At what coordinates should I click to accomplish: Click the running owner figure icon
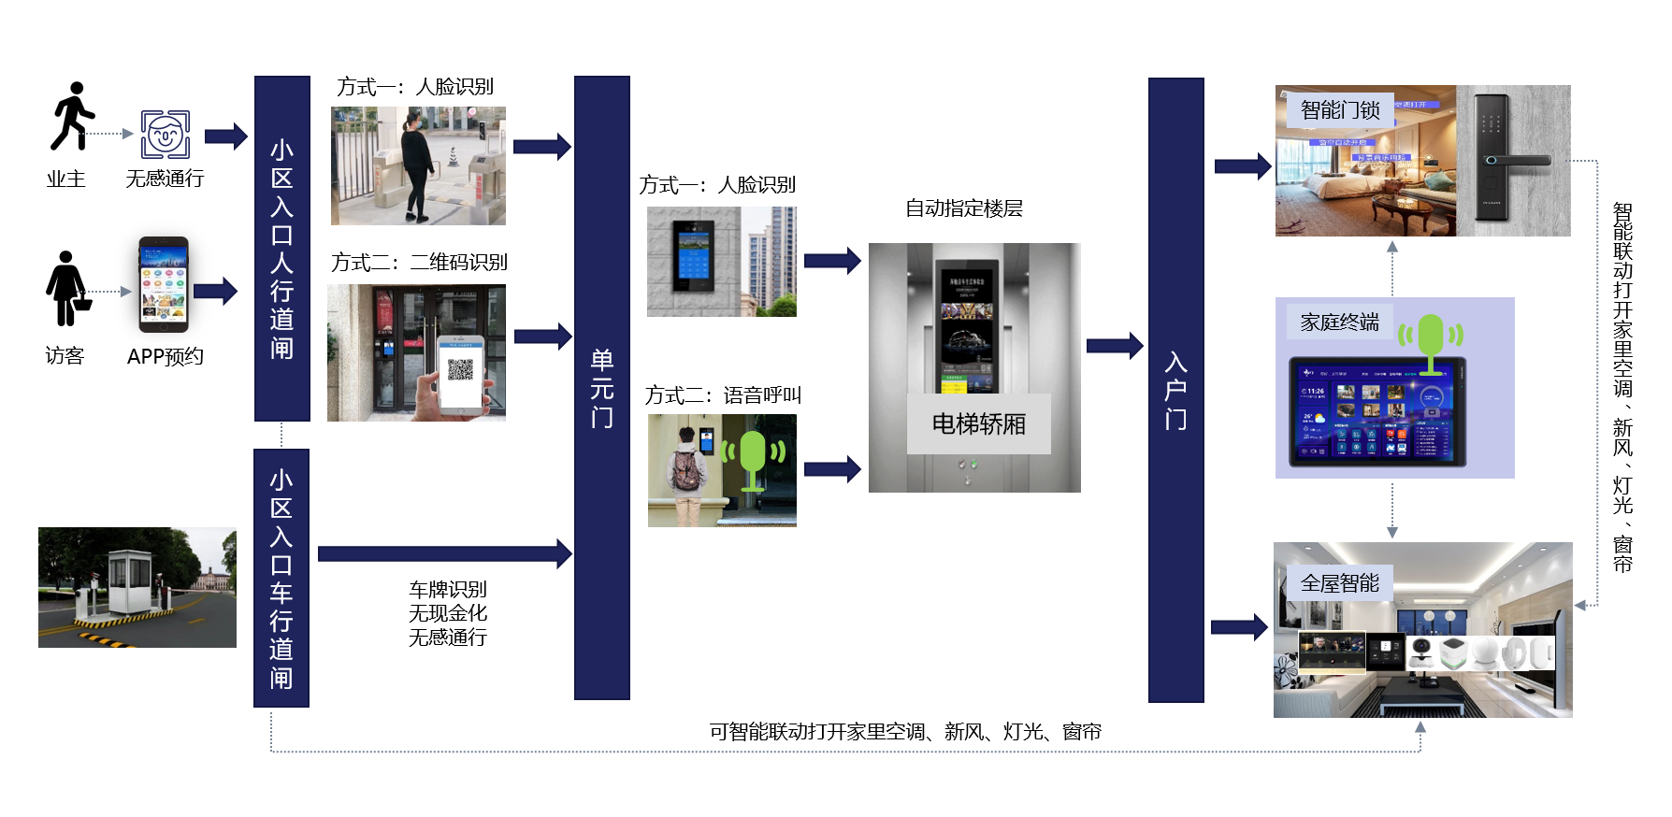[72, 116]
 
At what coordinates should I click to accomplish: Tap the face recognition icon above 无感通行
[166, 134]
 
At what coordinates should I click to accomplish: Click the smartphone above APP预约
[164, 284]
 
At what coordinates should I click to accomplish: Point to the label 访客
[65, 356]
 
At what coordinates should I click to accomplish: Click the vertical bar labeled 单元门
[601, 387]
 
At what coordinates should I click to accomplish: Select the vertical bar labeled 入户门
[1175, 390]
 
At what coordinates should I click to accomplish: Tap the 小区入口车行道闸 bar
[281, 578]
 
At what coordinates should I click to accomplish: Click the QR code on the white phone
[460, 369]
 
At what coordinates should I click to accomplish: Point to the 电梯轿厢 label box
[978, 424]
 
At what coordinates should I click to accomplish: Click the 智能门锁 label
[1340, 110]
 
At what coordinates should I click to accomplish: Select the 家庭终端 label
[1339, 322]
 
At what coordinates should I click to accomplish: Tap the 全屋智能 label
[1339, 583]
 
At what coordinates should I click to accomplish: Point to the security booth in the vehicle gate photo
[131, 580]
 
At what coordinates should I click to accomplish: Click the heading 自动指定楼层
[963, 208]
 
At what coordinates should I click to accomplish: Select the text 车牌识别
[448, 589]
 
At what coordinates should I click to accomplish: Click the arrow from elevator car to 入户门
[1114, 346]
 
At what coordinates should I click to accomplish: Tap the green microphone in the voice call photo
[753, 459]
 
